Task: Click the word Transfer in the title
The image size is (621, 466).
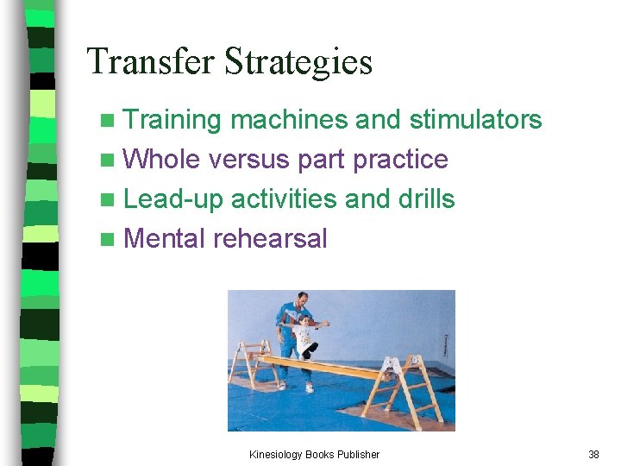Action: [151, 62]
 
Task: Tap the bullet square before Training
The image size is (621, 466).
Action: [106, 120]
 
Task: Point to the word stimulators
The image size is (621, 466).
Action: [475, 120]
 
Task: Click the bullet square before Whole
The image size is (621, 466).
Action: [106, 160]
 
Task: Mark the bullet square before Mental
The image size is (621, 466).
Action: [106, 239]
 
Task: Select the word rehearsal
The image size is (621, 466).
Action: [271, 238]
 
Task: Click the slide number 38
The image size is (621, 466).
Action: [593, 454]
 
